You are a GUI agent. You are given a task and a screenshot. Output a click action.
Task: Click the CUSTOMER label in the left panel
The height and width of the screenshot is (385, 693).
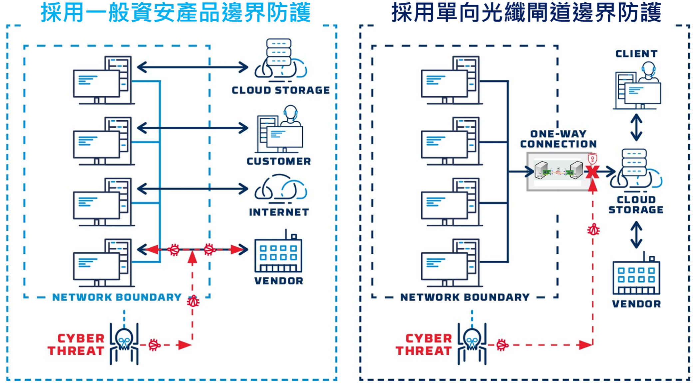click(279, 161)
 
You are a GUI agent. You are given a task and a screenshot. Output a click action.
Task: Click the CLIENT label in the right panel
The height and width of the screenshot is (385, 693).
click(636, 54)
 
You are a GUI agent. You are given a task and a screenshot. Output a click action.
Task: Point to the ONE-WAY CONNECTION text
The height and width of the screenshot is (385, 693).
click(558, 139)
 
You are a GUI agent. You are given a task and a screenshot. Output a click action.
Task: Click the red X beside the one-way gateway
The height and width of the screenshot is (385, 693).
click(592, 172)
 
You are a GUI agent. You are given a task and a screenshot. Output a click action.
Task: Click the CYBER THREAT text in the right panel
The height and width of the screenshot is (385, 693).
click(424, 344)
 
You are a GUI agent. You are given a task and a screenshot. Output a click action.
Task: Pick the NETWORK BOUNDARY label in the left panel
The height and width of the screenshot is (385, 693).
click(117, 297)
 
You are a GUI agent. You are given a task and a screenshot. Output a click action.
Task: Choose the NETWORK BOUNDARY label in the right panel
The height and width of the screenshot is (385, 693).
click(465, 297)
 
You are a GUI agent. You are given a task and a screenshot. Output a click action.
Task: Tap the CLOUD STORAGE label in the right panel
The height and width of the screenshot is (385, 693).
click(636, 204)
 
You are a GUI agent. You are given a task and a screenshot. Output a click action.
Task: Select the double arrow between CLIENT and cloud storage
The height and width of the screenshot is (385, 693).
click(636, 127)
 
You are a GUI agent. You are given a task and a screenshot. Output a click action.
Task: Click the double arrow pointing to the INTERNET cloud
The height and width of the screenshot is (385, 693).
click(192, 189)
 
